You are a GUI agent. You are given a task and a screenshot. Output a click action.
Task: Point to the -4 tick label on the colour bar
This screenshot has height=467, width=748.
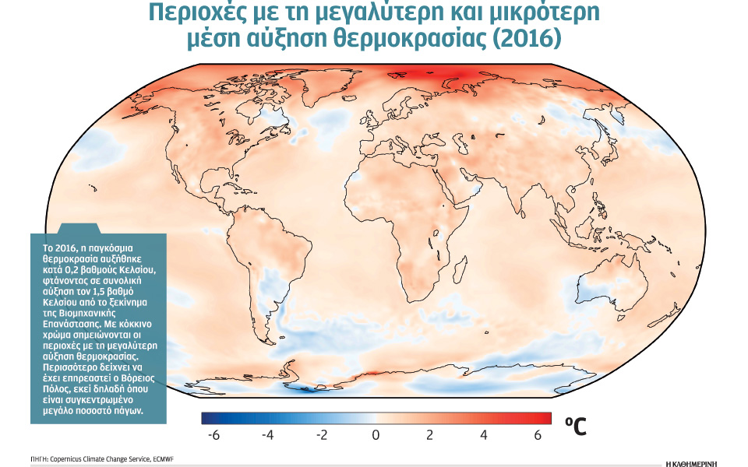coord(267,436)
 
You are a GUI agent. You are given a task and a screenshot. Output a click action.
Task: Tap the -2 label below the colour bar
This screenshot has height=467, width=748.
coord(321,436)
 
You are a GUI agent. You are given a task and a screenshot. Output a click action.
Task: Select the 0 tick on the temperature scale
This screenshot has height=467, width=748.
coord(376,436)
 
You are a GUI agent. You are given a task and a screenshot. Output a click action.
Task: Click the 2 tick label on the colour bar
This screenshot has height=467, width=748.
coord(429,436)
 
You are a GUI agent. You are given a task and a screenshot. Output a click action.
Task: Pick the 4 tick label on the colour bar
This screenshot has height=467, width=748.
coord(483,436)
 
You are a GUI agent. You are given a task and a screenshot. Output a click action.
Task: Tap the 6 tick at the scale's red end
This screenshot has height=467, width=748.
coord(537,436)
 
